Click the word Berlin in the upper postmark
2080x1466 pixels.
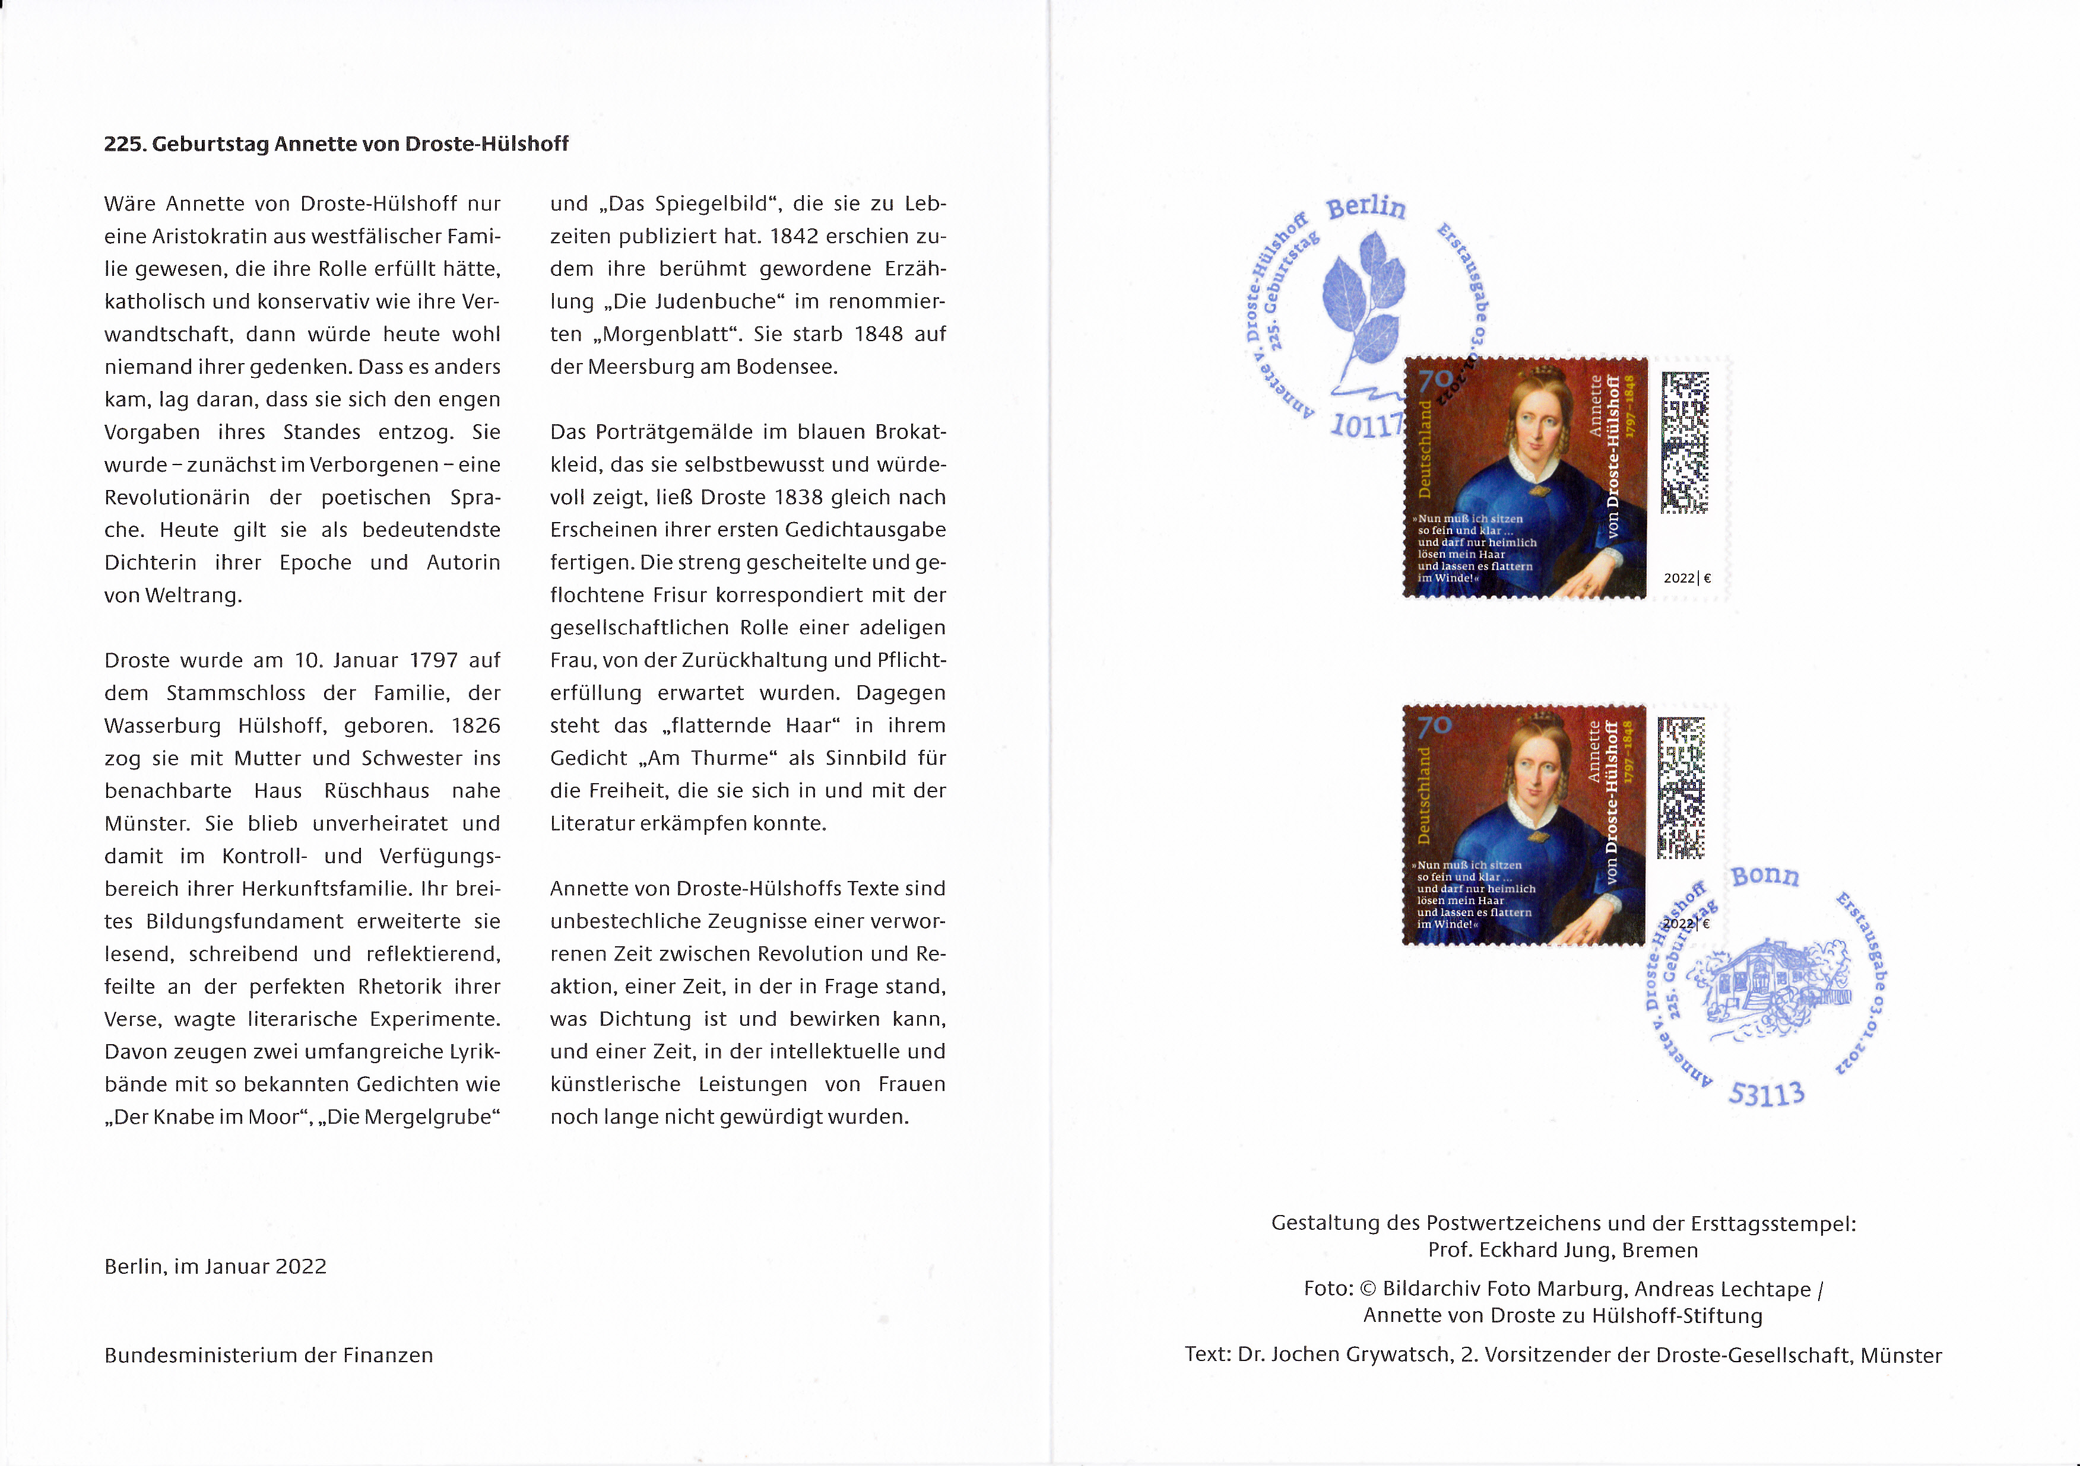tap(1366, 208)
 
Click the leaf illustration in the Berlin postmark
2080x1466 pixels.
tap(1362, 294)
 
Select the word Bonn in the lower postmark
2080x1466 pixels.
tap(1765, 876)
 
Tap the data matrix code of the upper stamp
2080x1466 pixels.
tap(1685, 442)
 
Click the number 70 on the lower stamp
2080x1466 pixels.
tap(1435, 726)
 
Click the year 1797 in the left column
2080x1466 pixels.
tap(433, 660)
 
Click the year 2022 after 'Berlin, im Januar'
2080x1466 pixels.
tap(301, 1267)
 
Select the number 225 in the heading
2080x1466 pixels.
tap(124, 144)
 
